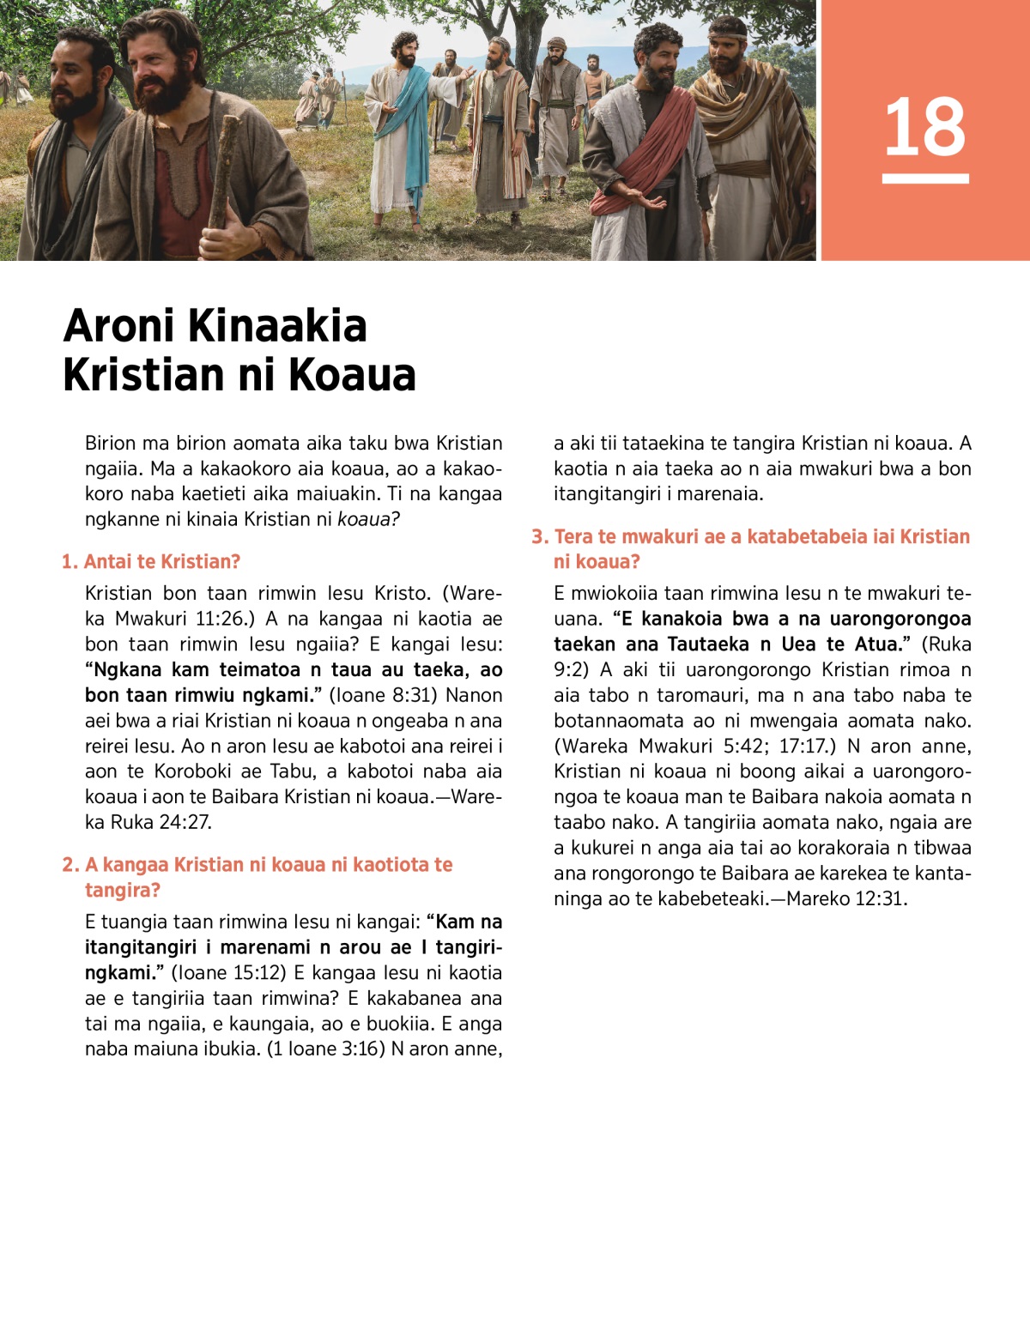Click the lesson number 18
pyautogui.click(x=924, y=127)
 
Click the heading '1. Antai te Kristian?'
pyautogui.click(x=151, y=562)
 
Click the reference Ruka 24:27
pyautogui.click(x=161, y=822)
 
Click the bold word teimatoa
pyautogui.click(x=259, y=670)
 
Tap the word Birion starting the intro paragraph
pyautogui.click(x=110, y=444)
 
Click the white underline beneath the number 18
pyautogui.click(x=924, y=178)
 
